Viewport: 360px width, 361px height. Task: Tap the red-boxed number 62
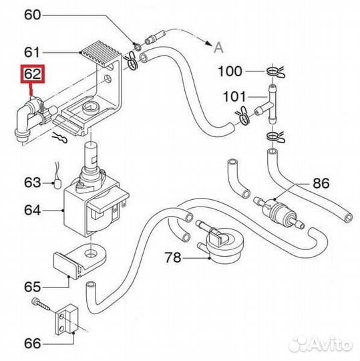[x=32, y=75]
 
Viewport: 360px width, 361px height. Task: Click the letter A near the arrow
[x=218, y=45]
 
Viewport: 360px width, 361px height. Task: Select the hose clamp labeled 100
[x=275, y=70]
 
